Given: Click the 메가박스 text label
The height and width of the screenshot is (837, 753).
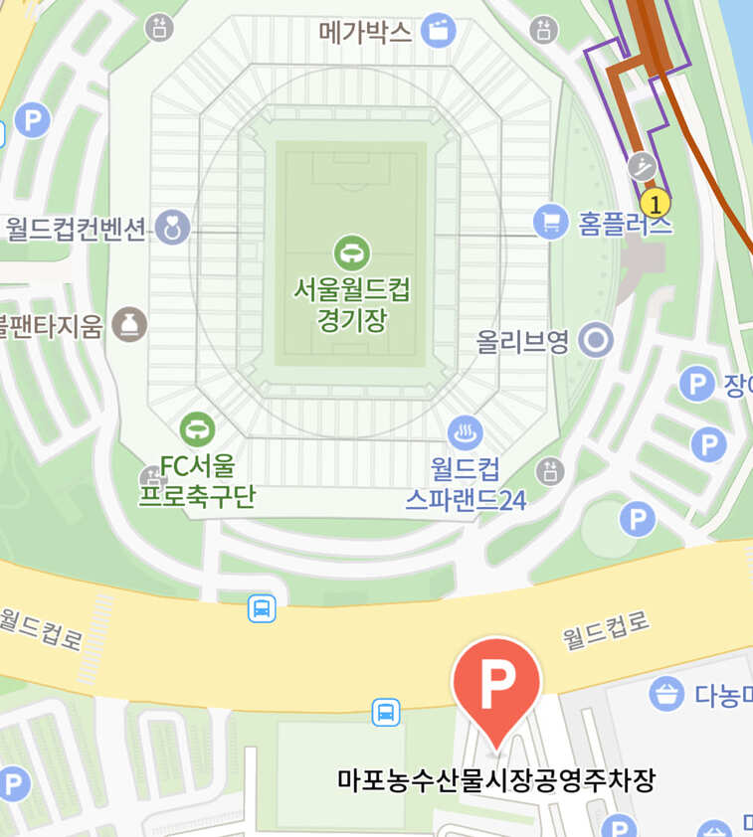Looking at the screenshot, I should pyautogui.click(x=365, y=32).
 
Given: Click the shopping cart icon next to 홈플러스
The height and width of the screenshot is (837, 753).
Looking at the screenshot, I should pyautogui.click(x=550, y=221).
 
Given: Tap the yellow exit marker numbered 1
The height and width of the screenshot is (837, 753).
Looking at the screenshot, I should pyautogui.click(x=654, y=204).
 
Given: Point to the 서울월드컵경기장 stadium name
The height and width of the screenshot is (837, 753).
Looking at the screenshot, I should pyautogui.click(x=351, y=304).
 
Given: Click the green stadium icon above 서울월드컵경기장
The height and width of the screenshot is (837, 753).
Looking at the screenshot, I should pyautogui.click(x=351, y=252).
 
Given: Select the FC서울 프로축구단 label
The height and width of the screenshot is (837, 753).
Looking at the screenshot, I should pyautogui.click(x=196, y=480).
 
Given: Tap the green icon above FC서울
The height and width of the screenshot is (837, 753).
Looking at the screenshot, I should pyautogui.click(x=197, y=430).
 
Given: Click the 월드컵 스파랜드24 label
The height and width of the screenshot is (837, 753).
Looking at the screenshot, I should pyautogui.click(x=465, y=484).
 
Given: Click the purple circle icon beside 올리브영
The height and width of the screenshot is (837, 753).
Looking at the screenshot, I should pyautogui.click(x=596, y=342).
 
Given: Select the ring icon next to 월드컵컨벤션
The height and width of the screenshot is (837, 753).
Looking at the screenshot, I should pyautogui.click(x=172, y=228).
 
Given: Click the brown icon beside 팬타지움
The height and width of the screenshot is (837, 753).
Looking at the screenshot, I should pyautogui.click(x=128, y=323).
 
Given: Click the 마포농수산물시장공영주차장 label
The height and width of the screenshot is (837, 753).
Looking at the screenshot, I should pyautogui.click(x=496, y=780).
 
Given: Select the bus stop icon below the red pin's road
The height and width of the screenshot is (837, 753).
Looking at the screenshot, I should pyautogui.click(x=386, y=712).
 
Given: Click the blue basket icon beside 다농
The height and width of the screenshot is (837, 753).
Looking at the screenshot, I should pyautogui.click(x=666, y=693).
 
